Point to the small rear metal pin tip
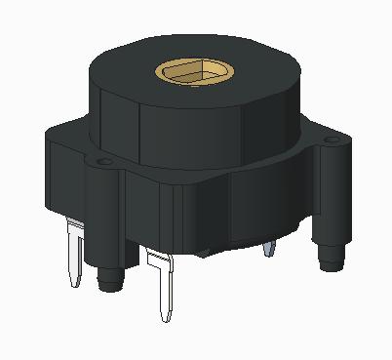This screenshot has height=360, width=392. pyautogui.click(x=269, y=251)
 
